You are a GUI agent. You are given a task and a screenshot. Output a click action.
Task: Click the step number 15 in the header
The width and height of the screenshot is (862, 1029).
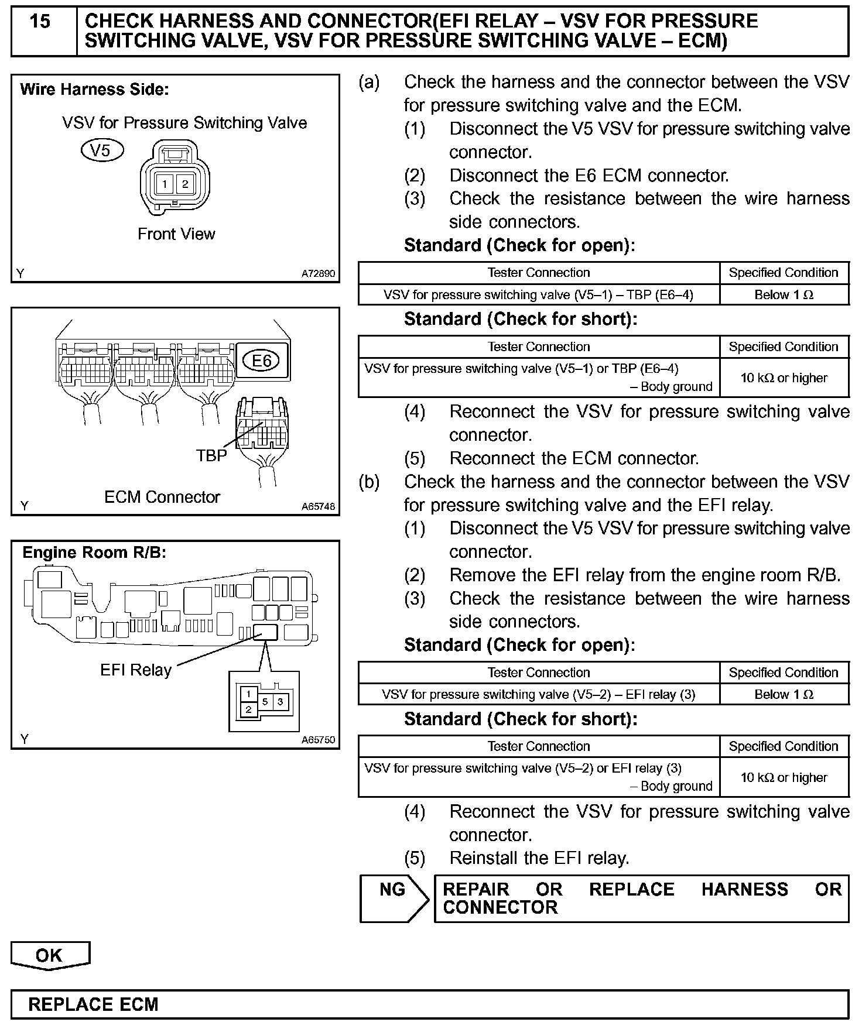click(x=40, y=22)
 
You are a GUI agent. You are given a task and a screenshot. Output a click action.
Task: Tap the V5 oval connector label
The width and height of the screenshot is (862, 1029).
click(x=102, y=150)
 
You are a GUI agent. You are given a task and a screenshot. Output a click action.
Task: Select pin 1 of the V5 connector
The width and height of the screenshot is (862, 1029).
click(x=165, y=184)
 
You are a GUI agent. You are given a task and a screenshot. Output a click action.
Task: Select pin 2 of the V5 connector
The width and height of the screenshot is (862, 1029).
click(x=185, y=184)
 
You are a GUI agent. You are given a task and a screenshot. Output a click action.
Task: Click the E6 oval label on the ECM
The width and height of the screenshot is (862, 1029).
click(x=262, y=361)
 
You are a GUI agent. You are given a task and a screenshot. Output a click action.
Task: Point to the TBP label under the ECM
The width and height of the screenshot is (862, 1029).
click(x=211, y=455)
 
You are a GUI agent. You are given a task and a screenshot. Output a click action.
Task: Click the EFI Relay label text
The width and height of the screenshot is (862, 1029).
click(x=136, y=670)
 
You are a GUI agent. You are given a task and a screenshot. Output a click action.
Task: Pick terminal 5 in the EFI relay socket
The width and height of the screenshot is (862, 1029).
click(x=265, y=701)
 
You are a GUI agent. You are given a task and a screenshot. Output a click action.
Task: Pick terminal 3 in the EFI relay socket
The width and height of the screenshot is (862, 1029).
click(x=281, y=701)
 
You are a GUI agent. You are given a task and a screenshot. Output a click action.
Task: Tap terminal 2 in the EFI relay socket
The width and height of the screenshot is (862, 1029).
click(x=249, y=709)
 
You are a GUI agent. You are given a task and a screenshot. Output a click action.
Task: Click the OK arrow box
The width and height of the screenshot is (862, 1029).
click(x=49, y=955)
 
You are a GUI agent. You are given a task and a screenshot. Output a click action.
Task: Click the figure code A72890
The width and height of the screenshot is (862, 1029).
click(x=318, y=273)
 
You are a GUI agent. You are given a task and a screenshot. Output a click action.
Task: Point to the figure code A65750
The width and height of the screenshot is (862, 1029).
click(x=318, y=740)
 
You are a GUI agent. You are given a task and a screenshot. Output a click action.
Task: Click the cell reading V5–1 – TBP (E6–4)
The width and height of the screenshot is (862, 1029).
click(x=538, y=295)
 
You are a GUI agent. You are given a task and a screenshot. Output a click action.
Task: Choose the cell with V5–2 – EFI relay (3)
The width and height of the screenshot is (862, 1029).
click(x=538, y=695)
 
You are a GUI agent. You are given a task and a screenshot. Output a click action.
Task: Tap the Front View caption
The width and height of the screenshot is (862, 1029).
click(x=176, y=234)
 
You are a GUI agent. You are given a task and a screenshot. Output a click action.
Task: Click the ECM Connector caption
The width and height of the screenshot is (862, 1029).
click(x=162, y=497)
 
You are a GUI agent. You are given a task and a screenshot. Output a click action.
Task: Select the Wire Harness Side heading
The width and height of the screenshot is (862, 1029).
click(x=94, y=90)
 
